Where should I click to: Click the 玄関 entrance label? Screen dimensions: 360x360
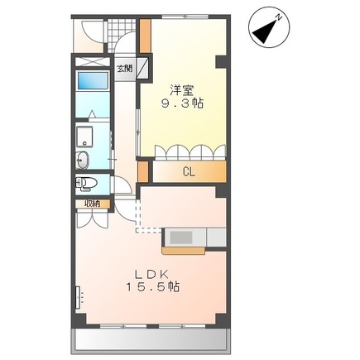tap(125, 68)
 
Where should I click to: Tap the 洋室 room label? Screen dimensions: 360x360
tap(182, 90)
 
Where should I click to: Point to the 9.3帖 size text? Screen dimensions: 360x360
tap(183, 103)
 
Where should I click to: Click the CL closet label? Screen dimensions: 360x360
tap(190, 172)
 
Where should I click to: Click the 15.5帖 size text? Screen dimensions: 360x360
tap(153, 287)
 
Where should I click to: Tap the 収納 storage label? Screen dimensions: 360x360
tap(92, 204)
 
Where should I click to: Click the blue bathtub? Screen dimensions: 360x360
tap(93, 80)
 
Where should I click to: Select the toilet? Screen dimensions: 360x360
tap(86, 183)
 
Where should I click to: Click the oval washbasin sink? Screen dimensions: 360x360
tap(82, 161)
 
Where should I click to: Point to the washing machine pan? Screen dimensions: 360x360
tap(85, 137)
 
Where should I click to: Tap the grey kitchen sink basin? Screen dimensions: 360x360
tap(181, 238)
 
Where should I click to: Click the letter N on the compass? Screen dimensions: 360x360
tap(279, 18)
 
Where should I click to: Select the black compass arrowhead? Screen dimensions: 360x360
tap(264, 32)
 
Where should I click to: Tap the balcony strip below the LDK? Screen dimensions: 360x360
tap(151, 340)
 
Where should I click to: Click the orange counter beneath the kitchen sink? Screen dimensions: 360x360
tap(184, 251)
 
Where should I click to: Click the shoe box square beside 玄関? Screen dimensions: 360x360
tap(142, 68)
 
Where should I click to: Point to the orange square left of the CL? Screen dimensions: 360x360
tap(143, 172)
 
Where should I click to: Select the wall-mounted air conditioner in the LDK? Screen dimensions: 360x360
tap(79, 298)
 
